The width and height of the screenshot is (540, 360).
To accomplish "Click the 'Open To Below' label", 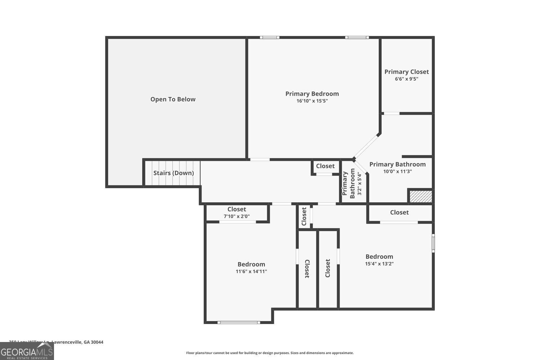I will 173,99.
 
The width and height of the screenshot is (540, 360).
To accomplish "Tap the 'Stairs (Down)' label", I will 174,173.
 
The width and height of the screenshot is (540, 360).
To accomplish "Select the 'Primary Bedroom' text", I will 312,94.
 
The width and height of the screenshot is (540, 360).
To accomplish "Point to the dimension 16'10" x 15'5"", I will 312,101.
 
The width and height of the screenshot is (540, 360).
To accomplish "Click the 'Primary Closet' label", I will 406,72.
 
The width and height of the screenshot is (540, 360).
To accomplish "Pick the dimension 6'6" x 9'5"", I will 406,79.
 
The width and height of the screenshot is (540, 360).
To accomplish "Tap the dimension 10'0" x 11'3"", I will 397,172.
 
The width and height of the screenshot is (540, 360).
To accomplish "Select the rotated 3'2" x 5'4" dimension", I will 359,184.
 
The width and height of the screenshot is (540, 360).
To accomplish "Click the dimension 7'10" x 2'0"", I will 237,216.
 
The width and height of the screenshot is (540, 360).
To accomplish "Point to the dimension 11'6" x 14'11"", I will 251,271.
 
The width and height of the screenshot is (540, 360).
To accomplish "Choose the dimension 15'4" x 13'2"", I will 379,264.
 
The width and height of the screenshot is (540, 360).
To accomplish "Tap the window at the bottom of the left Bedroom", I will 239,322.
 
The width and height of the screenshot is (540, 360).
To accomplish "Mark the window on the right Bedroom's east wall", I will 433,243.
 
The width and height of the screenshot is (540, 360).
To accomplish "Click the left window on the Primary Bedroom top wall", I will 270,37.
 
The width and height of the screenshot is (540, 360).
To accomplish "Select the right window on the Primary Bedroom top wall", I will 357,37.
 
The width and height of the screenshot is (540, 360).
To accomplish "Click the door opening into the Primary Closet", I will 391,113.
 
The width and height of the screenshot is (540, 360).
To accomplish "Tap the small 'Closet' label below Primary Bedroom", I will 325,166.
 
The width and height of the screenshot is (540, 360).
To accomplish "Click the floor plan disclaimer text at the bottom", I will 270,353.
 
